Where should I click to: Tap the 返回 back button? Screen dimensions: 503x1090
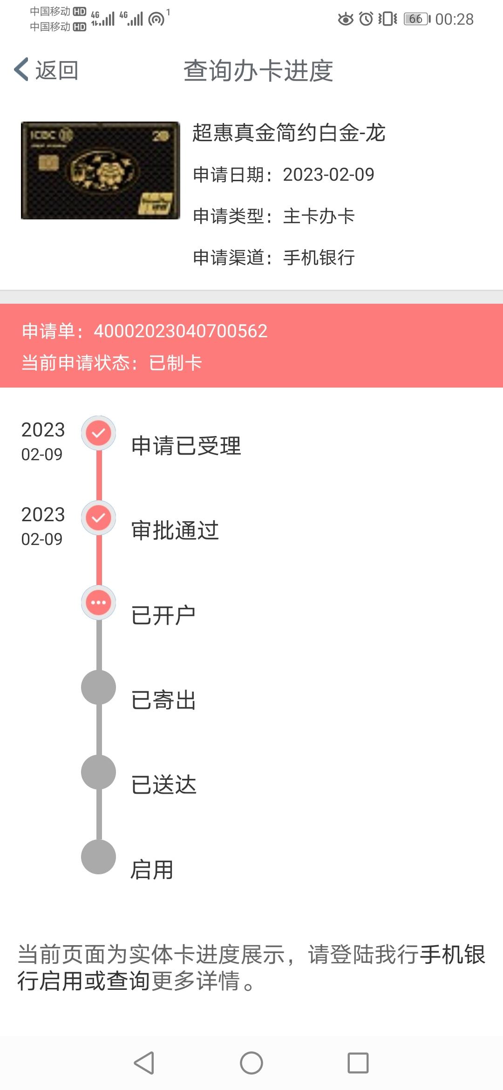tap(46, 70)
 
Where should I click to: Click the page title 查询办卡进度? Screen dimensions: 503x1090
tap(258, 71)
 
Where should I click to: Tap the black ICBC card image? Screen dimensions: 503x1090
tap(101, 170)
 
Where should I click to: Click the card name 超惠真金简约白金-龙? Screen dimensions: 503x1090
tap(289, 133)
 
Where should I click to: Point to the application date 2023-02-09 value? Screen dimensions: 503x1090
tap(329, 175)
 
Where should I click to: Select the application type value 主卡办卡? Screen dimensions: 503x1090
tap(319, 216)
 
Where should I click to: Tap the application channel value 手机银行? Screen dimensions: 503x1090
tap(319, 258)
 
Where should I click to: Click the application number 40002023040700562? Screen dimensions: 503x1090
tap(181, 331)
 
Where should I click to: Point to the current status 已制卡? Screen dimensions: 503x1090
tap(176, 363)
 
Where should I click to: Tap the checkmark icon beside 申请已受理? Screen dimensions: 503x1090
tap(98, 433)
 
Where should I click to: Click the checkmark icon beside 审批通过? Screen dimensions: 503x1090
tap(98, 518)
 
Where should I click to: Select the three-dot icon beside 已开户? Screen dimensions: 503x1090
tap(98, 603)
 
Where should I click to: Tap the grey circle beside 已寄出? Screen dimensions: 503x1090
tap(98, 688)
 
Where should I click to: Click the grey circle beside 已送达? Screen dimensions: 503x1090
tap(98, 772)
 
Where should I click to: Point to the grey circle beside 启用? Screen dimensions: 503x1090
tap(98, 857)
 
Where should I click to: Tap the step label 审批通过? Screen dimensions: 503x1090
tap(175, 531)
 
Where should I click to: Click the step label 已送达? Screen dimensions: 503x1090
tap(164, 785)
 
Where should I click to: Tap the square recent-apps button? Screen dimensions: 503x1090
tap(358, 1063)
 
